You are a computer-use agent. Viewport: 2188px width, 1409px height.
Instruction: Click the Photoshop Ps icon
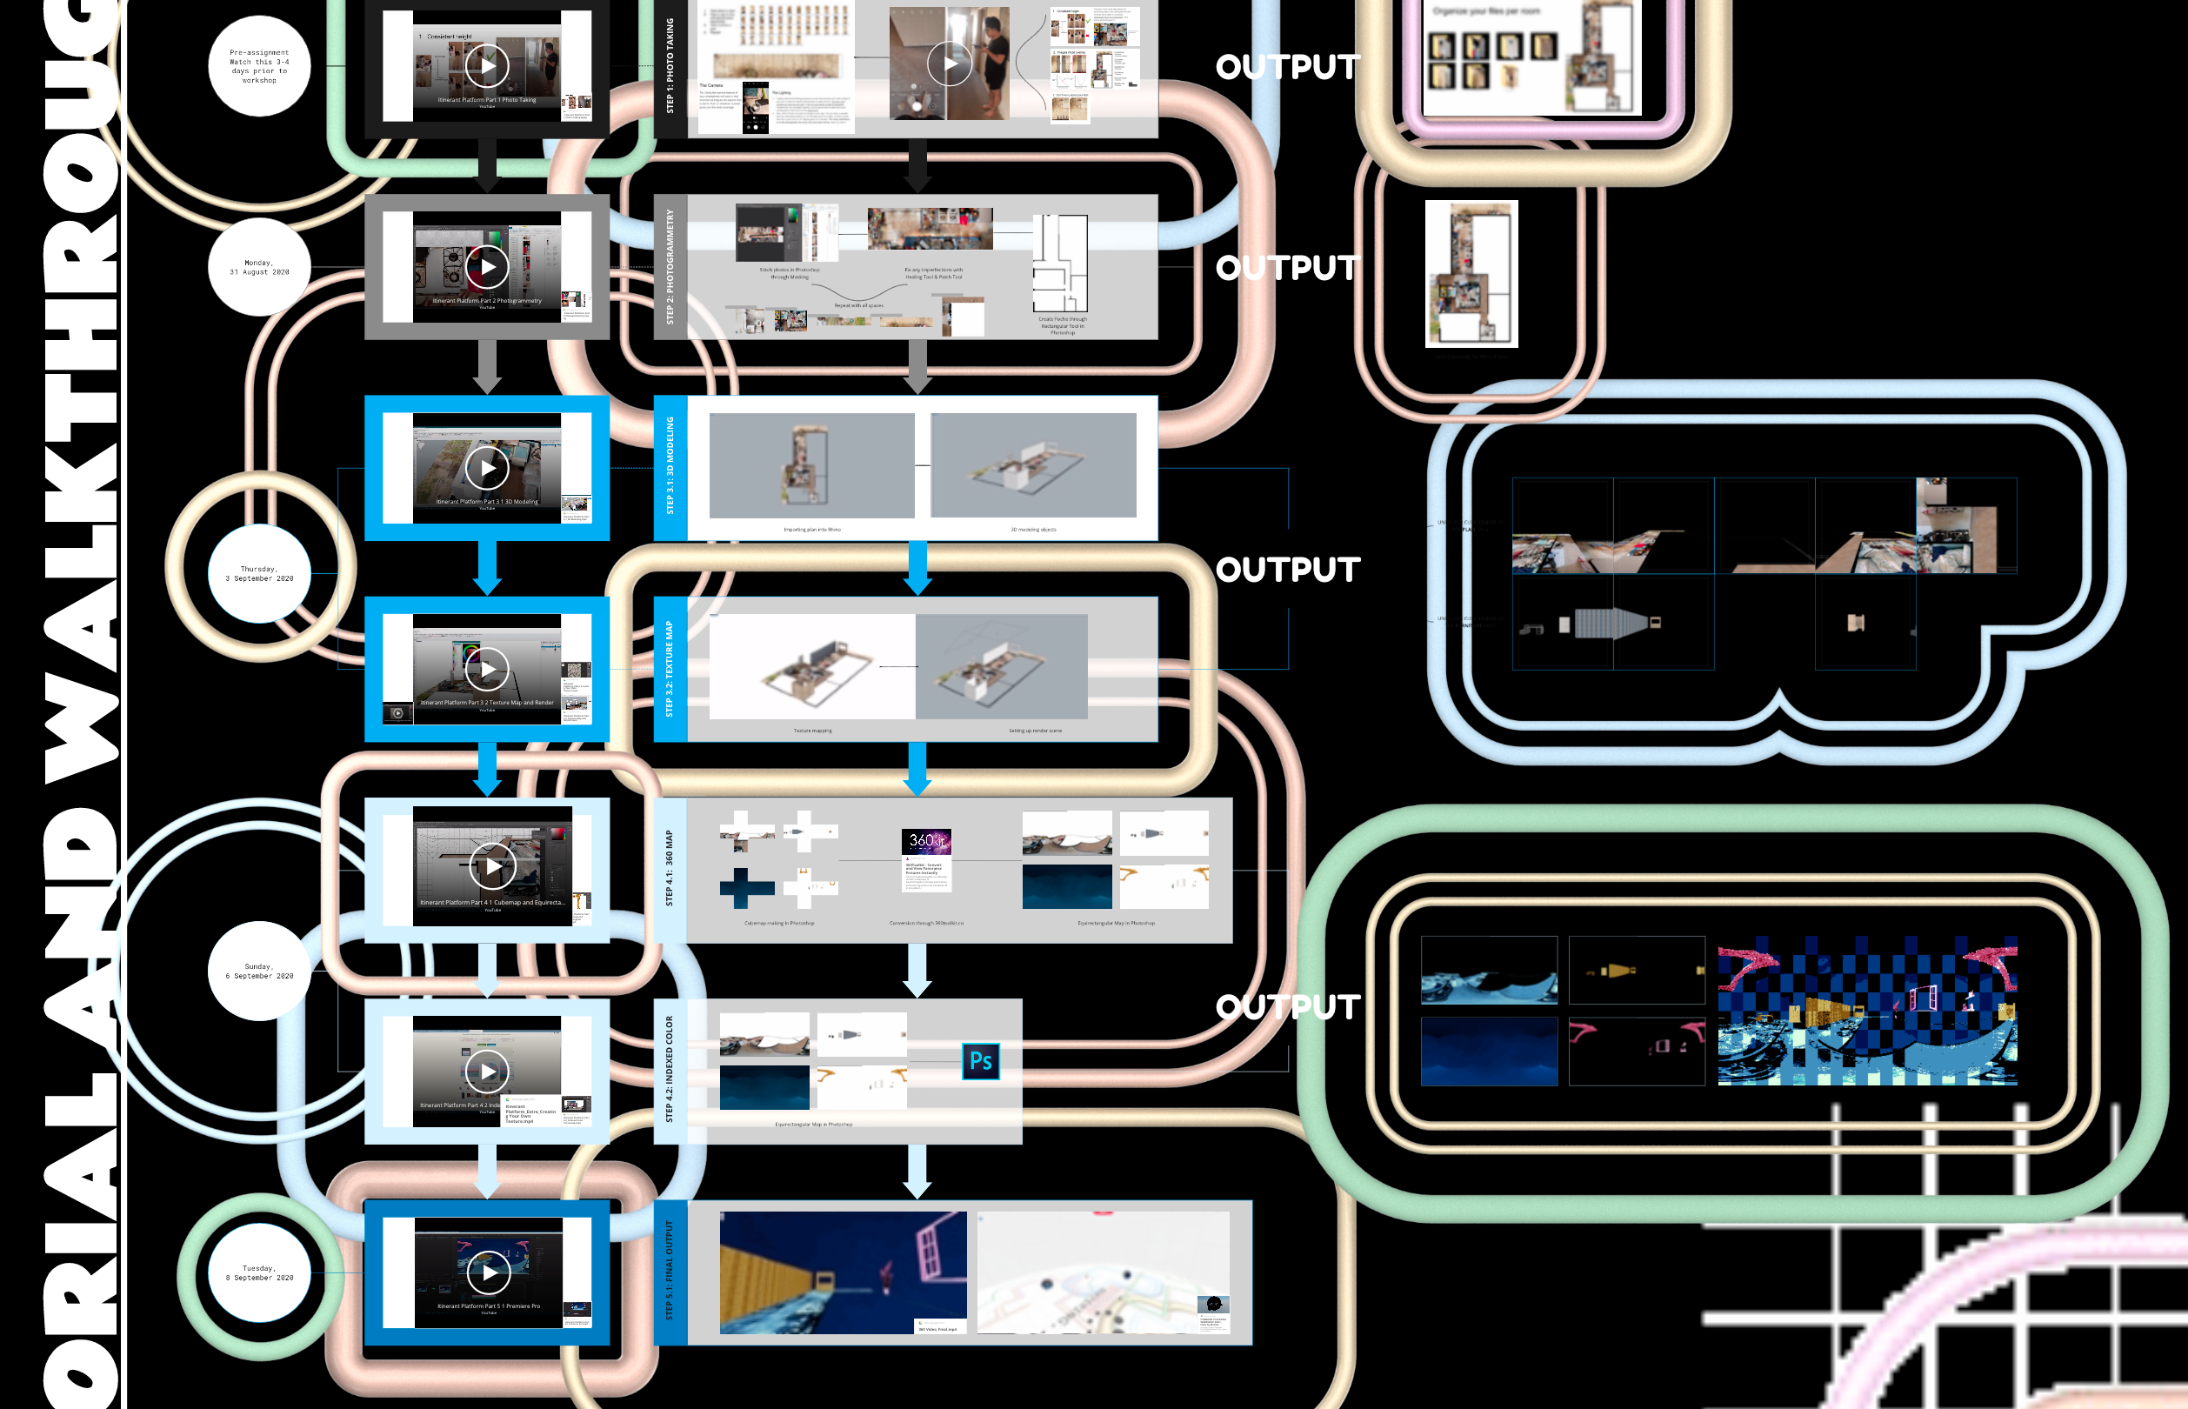pos(981,1061)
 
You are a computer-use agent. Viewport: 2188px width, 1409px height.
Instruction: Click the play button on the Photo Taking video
pos(487,66)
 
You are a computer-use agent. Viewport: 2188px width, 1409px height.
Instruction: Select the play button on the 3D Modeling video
pos(487,469)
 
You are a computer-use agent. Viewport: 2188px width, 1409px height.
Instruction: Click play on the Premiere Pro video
pos(490,1272)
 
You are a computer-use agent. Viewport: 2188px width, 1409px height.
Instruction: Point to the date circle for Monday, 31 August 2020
pos(260,267)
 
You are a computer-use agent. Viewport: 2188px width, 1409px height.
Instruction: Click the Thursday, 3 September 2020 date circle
pos(260,574)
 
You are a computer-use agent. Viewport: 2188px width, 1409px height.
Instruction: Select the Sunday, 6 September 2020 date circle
pos(260,971)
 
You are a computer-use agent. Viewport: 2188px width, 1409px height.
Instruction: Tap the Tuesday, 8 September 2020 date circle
pos(260,1272)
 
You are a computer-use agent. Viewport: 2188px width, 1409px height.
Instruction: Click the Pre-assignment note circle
pos(260,66)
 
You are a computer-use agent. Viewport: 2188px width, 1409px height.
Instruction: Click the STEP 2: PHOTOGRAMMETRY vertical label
pos(670,266)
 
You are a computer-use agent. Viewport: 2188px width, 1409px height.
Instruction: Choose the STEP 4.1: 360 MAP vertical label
pos(670,869)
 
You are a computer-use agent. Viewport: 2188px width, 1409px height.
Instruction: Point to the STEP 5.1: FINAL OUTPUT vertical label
pos(670,1272)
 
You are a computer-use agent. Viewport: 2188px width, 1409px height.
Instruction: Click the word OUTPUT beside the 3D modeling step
pos(1288,570)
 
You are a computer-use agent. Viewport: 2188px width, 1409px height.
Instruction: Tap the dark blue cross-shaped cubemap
pos(745,887)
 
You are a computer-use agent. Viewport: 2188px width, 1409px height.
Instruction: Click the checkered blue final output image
pos(1866,1011)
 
